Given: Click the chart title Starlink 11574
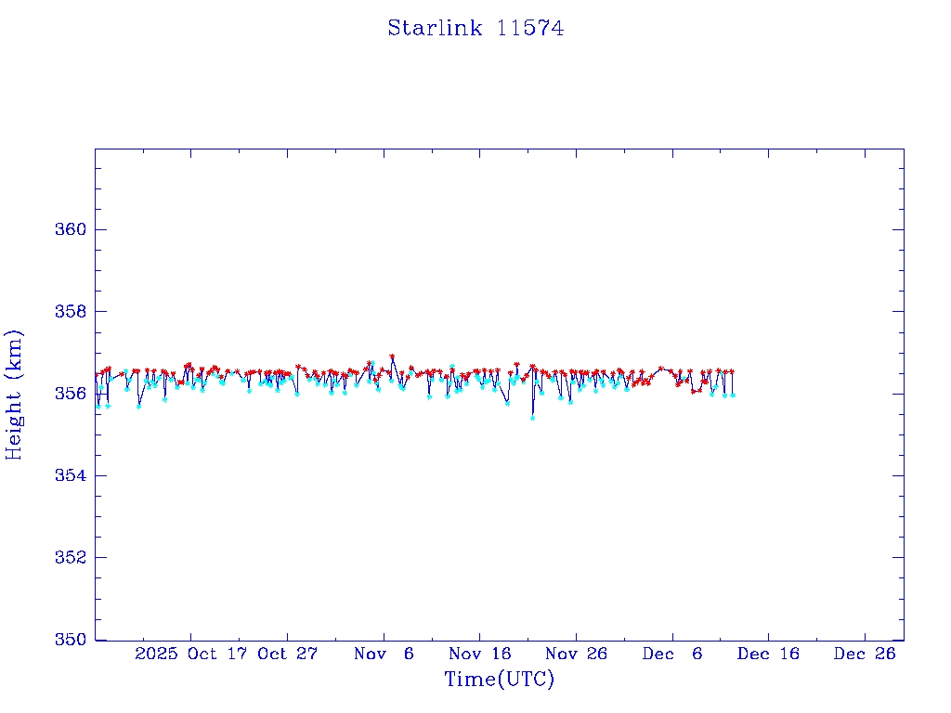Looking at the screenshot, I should click(475, 29).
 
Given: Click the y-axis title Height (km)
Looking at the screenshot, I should click(14, 395).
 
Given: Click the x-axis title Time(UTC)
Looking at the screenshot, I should click(499, 680).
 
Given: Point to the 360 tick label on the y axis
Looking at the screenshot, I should click(70, 230).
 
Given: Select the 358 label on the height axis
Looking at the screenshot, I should click(70, 312).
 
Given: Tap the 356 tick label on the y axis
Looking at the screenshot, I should click(70, 394).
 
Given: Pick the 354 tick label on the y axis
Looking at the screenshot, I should click(70, 476).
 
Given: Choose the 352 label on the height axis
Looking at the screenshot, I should click(70, 558).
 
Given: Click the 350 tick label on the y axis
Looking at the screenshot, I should click(70, 640).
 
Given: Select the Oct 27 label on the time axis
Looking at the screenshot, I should click(288, 654).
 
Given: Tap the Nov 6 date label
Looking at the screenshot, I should click(384, 654).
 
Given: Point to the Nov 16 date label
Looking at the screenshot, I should click(480, 654).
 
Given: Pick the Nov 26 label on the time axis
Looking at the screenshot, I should click(577, 654).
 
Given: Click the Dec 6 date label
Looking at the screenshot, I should click(672, 654).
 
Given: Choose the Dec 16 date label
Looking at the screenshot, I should click(769, 654).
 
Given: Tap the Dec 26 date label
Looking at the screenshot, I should click(865, 654).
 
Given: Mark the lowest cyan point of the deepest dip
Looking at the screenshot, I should click(532, 418).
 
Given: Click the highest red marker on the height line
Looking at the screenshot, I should click(392, 356).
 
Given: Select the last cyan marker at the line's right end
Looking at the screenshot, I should click(733, 395).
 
